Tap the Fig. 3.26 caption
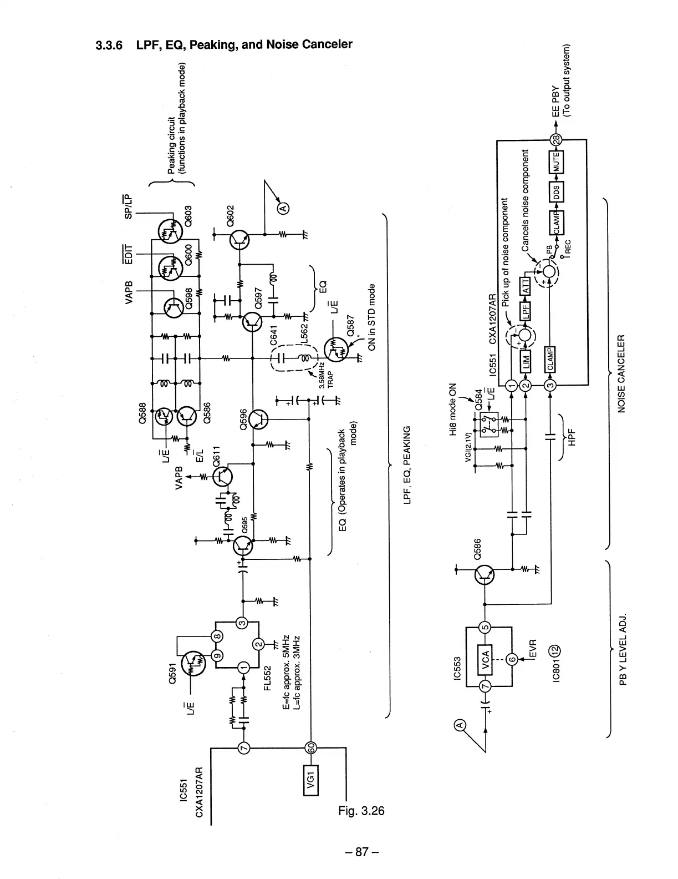click(x=361, y=810)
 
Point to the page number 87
click(x=361, y=851)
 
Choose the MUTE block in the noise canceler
click(x=556, y=161)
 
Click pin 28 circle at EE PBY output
click(x=555, y=139)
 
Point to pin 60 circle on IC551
click(x=310, y=747)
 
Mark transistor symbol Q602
click(x=239, y=239)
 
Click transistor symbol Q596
click(x=257, y=420)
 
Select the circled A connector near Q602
click(x=283, y=208)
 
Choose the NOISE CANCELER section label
click(x=621, y=373)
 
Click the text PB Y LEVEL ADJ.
click(x=623, y=649)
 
